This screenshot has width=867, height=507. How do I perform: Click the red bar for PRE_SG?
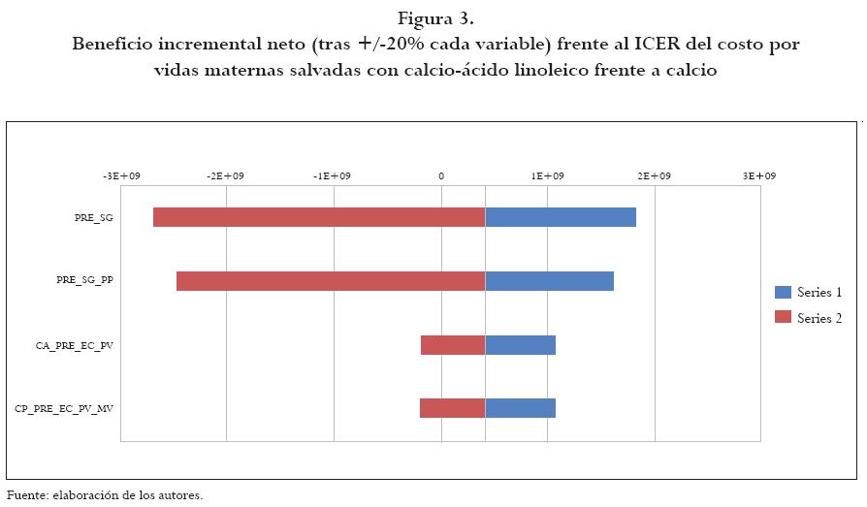(318, 217)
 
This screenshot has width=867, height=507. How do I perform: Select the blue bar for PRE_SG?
(561, 217)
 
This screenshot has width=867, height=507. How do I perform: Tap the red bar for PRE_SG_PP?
(330, 281)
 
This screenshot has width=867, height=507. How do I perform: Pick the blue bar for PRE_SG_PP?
(549, 281)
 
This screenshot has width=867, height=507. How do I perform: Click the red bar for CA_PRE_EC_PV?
(452, 345)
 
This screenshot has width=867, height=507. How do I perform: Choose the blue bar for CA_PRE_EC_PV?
(520, 345)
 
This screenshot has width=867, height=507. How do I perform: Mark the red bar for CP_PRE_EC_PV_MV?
(452, 408)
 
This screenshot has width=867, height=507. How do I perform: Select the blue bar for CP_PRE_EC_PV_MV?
(520, 408)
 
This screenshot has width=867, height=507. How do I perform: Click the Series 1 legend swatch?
(784, 292)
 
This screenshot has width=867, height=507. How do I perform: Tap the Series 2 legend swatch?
(784, 318)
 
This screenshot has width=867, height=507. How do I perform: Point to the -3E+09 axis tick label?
(120, 176)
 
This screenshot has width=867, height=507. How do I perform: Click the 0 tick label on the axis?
(441, 176)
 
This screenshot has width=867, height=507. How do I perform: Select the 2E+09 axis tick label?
(654, 176)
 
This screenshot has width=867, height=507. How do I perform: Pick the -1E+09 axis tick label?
(334, 176)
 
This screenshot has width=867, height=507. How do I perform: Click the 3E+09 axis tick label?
(759, 176)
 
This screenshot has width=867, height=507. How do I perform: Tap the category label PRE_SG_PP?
(84, 281)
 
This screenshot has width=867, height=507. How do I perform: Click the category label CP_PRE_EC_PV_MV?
(64, 409)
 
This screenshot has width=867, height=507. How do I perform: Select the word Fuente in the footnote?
(27, 495)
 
